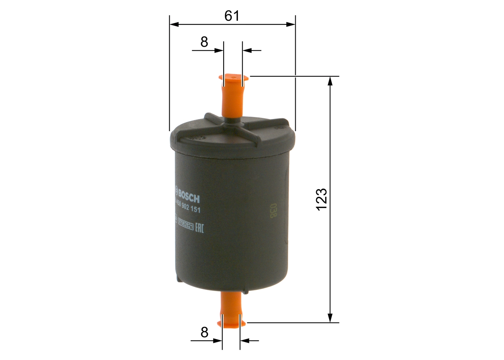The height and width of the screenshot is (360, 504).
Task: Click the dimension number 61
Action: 232,16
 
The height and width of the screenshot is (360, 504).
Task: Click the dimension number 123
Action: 322,199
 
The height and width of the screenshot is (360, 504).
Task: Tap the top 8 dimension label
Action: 204,42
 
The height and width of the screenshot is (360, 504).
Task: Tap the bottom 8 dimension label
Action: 204,332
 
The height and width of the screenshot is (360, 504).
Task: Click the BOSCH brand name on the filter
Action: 188,195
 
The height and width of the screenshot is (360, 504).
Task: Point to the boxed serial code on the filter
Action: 185,225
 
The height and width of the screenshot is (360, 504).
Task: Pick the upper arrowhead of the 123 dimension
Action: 330,80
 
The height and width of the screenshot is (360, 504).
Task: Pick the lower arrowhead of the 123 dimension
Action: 330,318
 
